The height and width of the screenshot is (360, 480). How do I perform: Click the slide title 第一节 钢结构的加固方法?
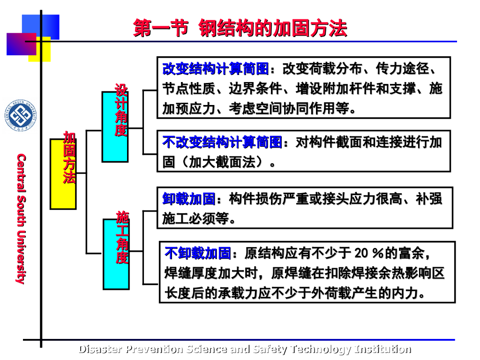click(240, 28)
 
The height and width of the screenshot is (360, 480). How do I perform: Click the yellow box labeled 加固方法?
click(63, 173)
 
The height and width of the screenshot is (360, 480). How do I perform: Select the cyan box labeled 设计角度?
click(115, 127)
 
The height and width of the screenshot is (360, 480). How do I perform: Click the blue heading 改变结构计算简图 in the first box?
click(216, 69)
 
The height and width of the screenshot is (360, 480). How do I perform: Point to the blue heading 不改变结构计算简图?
click(222, 142)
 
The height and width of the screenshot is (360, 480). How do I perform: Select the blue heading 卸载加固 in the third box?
click(189, 199)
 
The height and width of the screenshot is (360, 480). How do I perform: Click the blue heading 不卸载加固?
click(198, 254)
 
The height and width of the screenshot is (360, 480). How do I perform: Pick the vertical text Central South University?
click(21, 218)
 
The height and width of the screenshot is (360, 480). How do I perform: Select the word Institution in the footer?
click(383, 349)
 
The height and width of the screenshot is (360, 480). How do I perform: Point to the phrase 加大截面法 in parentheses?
click(222, 162)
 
